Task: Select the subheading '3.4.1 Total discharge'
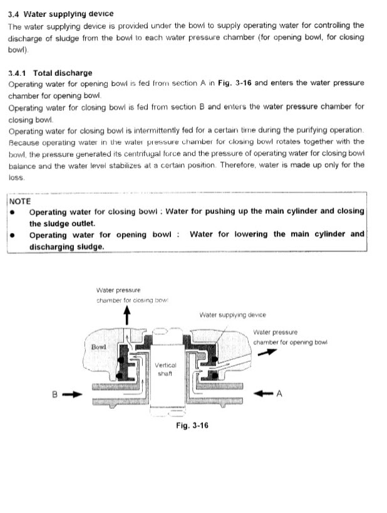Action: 50,73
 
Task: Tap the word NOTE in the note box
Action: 21,202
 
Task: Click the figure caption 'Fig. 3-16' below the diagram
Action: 192,425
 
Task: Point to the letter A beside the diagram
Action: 280,394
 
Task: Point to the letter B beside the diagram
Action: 55,394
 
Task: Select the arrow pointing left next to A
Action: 263,394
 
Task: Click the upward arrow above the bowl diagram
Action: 128,315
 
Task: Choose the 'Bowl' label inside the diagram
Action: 99,347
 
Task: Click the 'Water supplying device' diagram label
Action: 232,315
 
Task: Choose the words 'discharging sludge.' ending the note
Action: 66,246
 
